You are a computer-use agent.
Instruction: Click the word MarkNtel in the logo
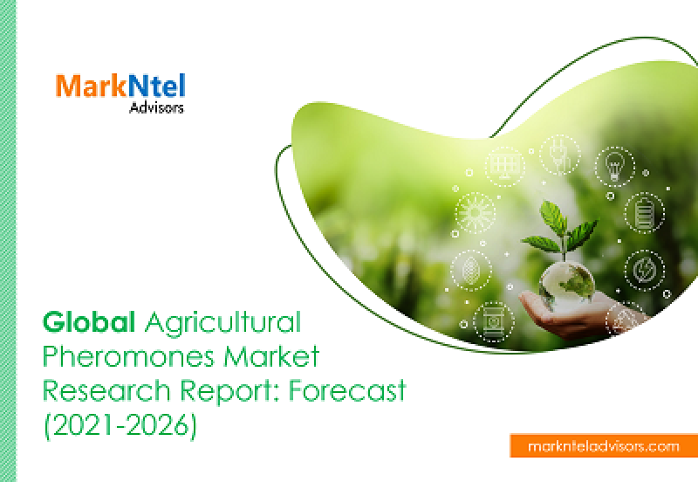[120, 86]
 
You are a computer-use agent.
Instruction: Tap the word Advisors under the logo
[156, 107]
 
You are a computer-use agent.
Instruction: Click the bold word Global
[89, 322]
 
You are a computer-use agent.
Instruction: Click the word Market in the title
[271, 356]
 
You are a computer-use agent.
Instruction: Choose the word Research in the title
[106, 390]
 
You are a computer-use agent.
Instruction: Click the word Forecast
[347, 390]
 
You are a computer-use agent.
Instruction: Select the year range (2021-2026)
[120, 426]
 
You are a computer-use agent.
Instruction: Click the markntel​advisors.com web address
[604, 446]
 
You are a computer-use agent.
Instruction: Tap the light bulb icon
[615, 166]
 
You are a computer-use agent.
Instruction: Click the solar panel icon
[505, 166]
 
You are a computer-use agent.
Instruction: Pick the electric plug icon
[560, 155]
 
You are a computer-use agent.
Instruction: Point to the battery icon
[644, 212]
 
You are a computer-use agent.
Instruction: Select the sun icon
[475, 212]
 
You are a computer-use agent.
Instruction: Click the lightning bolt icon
[644, 270]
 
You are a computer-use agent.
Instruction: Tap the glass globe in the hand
[566, 284]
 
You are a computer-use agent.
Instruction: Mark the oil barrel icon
[493, 321]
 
